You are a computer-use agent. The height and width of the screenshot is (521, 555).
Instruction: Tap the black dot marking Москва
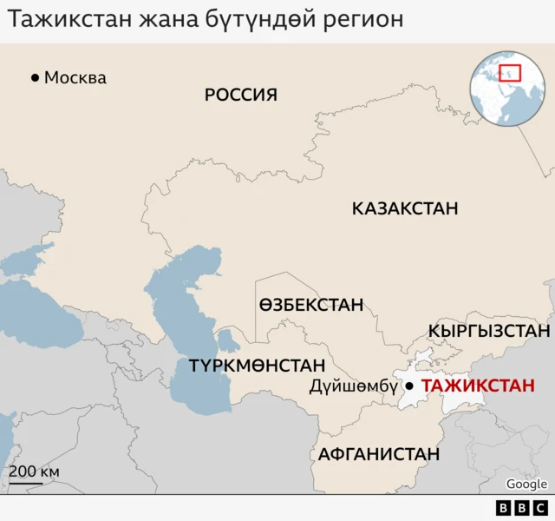(x=35, y=78)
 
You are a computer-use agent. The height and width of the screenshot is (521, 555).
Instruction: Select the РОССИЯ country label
(x=241, y=95)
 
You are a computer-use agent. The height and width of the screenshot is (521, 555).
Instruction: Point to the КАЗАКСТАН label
(x=405, y=208)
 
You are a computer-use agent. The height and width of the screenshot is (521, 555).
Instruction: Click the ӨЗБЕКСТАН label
(x=310, y=306)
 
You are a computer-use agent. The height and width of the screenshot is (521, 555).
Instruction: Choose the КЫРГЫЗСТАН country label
(x=489, y=331)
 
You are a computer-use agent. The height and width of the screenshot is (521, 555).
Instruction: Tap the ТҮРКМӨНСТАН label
(x=258, y=366)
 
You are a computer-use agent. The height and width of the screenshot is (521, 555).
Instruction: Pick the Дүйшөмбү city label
(x=353, y=387)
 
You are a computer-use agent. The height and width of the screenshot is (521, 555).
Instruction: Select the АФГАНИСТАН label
(x=379, y=454)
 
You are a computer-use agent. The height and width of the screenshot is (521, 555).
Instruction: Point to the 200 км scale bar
(x=35, y=474)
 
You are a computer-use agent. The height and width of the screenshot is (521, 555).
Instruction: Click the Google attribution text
(x=526, y=485)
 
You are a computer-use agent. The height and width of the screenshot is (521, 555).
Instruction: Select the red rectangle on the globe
(x=509, y=74)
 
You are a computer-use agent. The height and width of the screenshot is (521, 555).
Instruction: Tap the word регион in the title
(x=358, y=18)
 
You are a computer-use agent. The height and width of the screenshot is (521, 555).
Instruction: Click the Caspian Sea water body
(x=186, y=330)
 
